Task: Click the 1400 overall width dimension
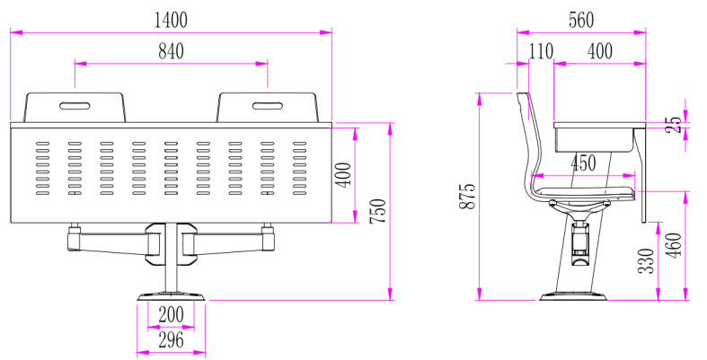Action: tap(171, 19)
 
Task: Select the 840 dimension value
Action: tap(171, 51)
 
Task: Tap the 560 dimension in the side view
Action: tap(581, 19)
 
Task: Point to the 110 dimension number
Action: tap(541, 51)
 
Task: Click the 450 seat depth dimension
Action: tap(584, 163)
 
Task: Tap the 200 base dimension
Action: tap(171, 314)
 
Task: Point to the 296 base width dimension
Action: tap(171, 339)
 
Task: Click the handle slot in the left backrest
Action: tap(75, 107)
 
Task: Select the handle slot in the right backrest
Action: tap(267, 107)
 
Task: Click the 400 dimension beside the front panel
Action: tap(343, 173)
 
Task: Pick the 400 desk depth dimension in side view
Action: tap(600, 51)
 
